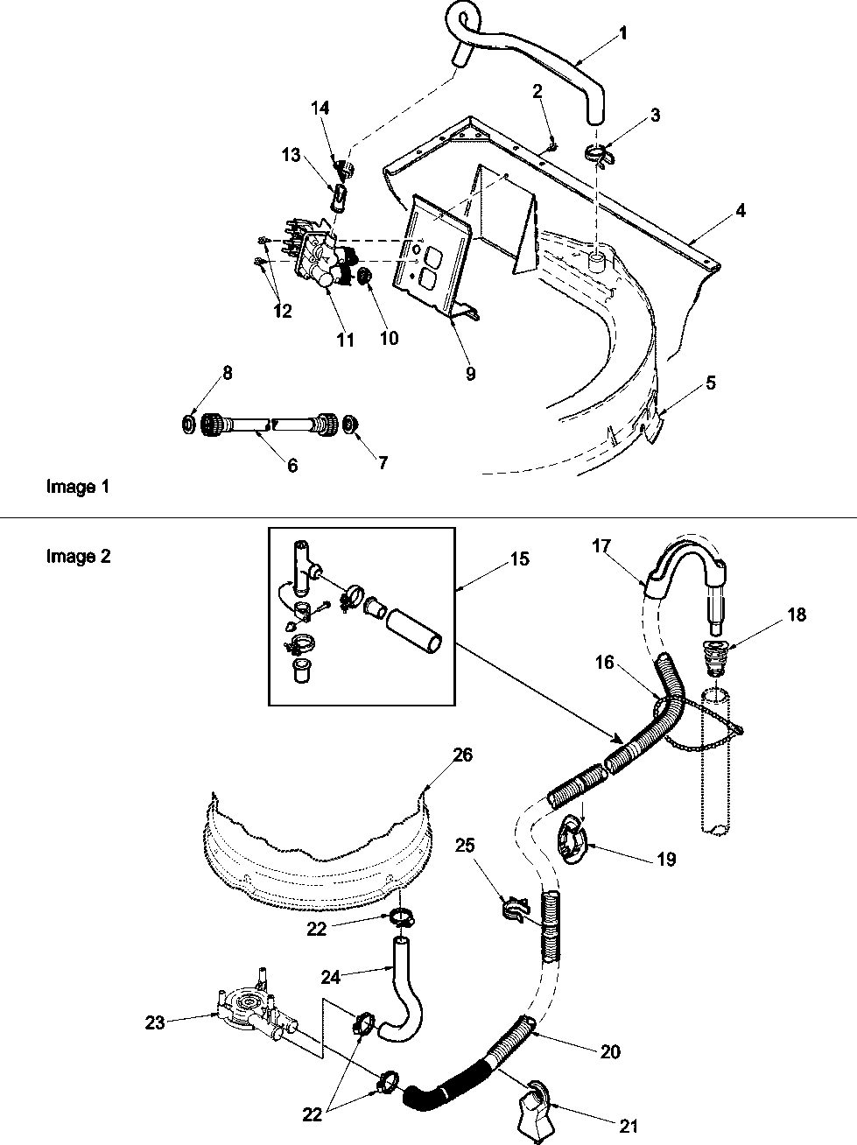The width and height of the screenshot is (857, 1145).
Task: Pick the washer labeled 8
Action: click(187, 425)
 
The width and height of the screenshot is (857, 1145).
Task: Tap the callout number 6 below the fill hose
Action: click(292, 466)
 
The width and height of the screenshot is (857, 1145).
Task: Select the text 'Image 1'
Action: click(77, 487)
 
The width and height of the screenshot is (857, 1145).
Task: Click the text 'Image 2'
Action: click(78, 556)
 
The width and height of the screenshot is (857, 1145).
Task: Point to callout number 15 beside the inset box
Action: click(520, 558)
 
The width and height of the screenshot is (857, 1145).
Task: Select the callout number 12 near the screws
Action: click(283, 310)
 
